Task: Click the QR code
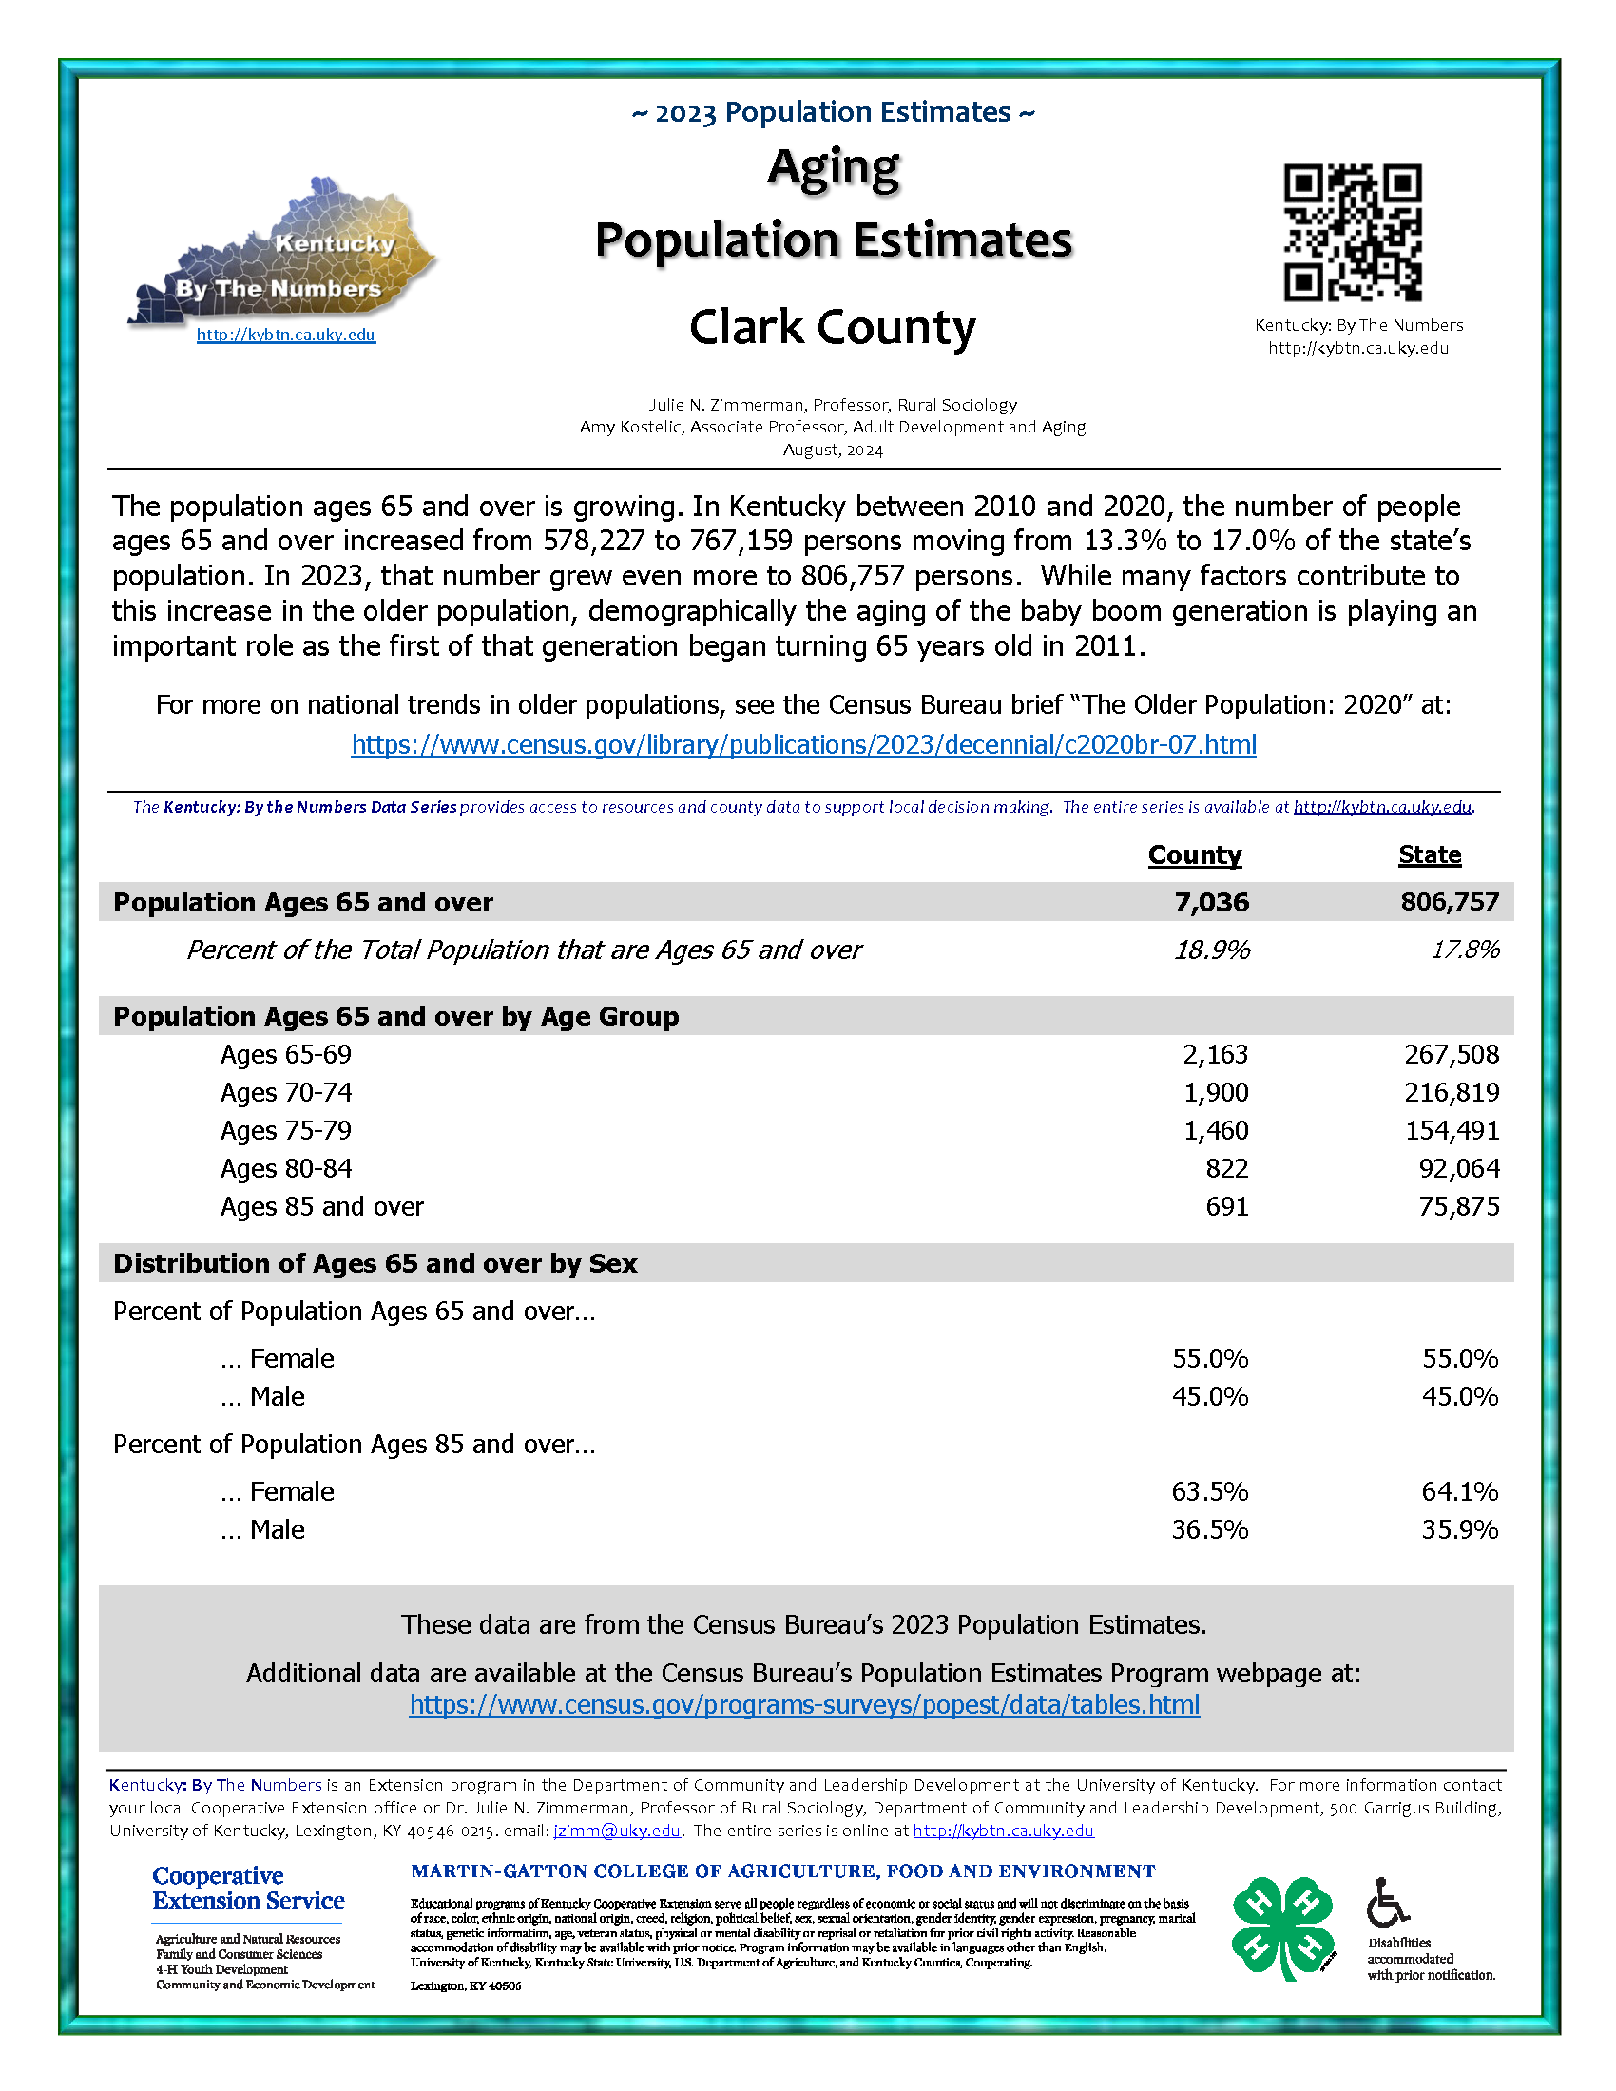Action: pos(1352,233)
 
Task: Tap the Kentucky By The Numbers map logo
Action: pos(283,254)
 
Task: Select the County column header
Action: pos(1194,854)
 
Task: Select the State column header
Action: pos(1429,854)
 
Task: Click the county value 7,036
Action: pos(1211,902)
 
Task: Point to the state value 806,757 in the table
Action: pos(1450,902)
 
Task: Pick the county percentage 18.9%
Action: pos(1211,950)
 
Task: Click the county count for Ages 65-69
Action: pos(1215,1054)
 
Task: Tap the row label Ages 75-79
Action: pos(285,1131)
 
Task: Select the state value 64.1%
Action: pos(1459,1491)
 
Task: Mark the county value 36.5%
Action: pos(1209,1530)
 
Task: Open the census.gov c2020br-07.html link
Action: pos(803,745)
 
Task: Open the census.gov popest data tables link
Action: pos(804,1705)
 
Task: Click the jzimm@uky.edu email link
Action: pos(617,1831)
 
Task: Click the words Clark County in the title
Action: pos(832,328)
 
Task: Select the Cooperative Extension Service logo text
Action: pos(248,1888)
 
